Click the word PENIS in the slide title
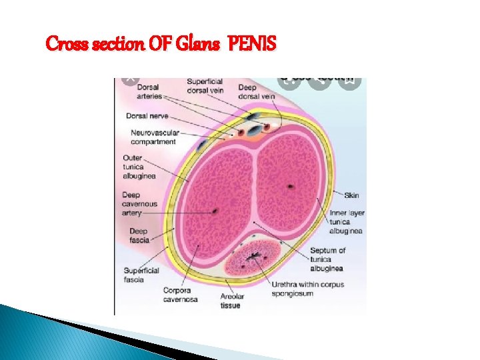(251, 45)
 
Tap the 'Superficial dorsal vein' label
(205, 86)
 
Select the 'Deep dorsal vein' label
(256, 91)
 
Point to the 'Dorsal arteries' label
(144, 91)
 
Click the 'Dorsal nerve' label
(146, 115)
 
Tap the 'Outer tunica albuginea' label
(139, 167)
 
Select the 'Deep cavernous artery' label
(139, 204)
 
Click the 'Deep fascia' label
(139, 236)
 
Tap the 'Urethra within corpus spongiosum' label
(307, 289)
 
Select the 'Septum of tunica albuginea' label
(327, 259)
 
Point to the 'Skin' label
(351, 195)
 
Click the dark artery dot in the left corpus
(215, 212)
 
